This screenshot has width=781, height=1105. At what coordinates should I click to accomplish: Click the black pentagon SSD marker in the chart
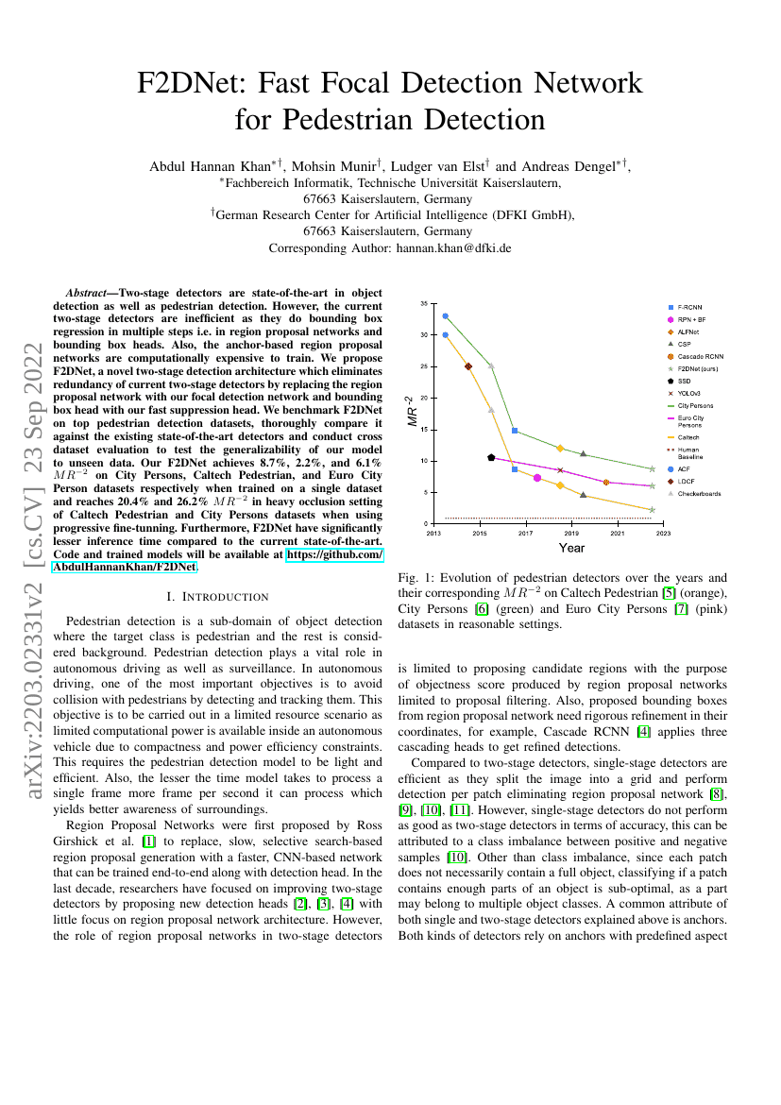[491, 457]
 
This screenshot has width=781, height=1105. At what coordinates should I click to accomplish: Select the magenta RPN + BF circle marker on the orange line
[537, 478]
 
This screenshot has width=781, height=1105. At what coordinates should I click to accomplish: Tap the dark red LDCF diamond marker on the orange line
[468, 366]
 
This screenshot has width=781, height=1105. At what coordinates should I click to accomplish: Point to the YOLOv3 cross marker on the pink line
[560, 469]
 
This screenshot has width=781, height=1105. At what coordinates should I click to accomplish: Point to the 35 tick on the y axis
[423, 304]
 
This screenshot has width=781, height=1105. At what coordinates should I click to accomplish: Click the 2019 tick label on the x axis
[571, 534]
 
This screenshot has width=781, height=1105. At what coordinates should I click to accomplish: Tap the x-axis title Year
[571, 548]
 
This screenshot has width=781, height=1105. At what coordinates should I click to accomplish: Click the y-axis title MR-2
[411, 412]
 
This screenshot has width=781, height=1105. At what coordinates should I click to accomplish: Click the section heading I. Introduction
[217, 597]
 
